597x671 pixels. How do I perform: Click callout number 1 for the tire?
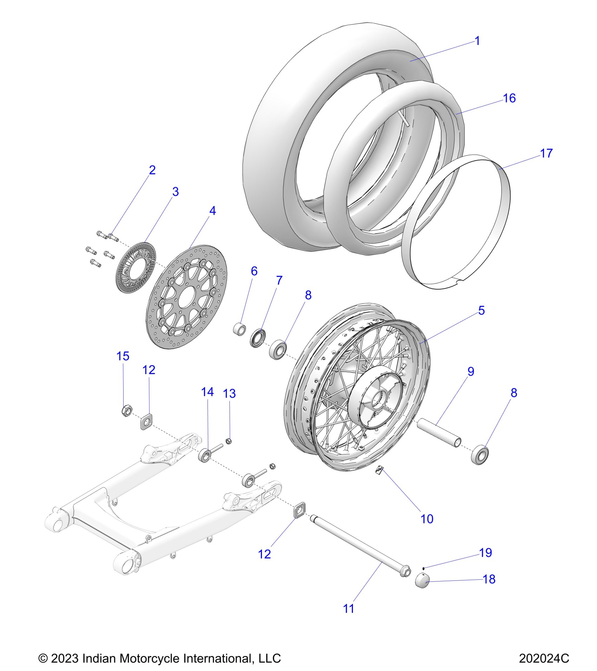click(477, 41)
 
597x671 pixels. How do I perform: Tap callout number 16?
click(509, 98)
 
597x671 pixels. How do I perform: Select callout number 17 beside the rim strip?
click(546, 153)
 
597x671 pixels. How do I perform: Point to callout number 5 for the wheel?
click(481, 310)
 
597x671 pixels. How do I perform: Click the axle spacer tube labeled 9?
click(439, 434)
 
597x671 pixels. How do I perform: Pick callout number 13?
click(229, 393)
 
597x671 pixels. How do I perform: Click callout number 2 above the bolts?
click(152, 170)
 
